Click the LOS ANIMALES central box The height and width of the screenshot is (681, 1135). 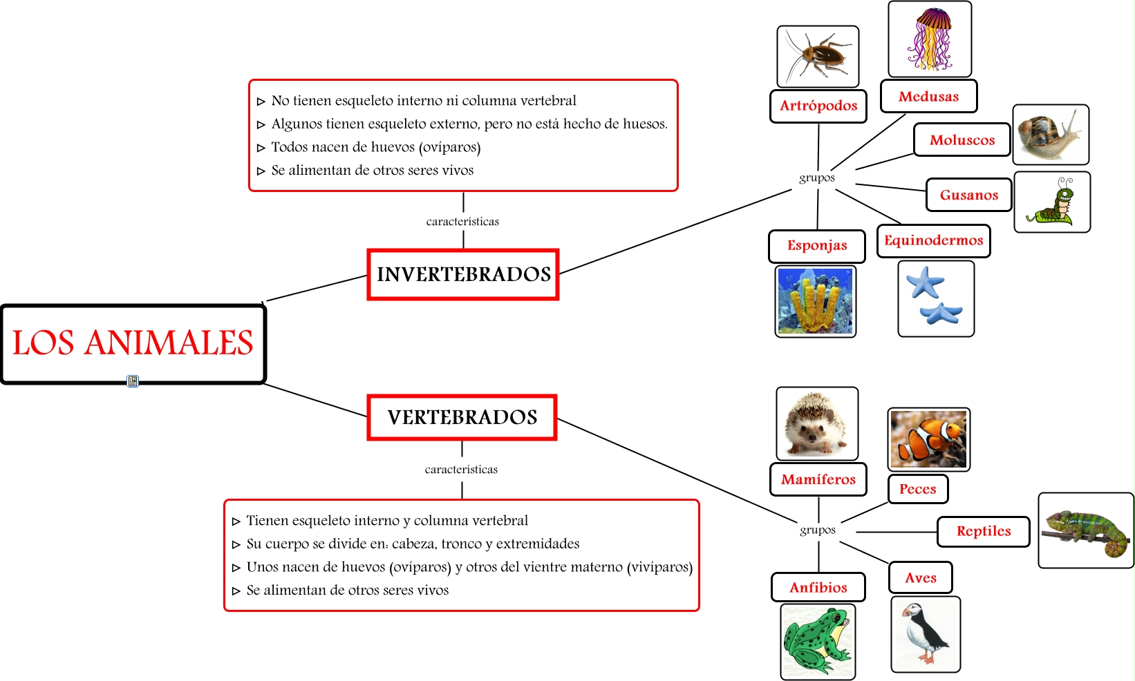[x=133, y=343]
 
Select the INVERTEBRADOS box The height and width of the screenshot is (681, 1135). [x=463, y=274]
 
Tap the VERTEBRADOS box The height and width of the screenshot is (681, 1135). [x=462, y=417]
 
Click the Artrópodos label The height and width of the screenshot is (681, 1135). [x=818, y=106]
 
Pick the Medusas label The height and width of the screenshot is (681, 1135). [x=928, y=96]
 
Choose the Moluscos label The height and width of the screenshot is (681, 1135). [x=962, y=140]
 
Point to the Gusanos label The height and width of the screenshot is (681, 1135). [x=968, y=195]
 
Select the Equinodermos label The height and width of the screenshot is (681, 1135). [x=933, y=240]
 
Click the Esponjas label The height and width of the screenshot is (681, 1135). [x=817, y=246]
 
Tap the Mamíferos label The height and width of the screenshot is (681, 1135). [x=818, y=479]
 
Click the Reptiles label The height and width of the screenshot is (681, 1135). [x=984, y=531]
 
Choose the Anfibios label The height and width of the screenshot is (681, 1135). [x=818, y=587]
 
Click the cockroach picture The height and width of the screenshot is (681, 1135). [x=818, y=57]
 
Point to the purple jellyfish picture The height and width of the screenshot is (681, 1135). [x=930, y=39]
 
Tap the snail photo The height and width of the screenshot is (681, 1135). [x=1051, y=134]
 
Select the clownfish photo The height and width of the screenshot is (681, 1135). [x=928, y=439]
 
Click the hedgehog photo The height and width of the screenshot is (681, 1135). [x=817, y=423]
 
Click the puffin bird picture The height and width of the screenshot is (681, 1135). [x=926, y=634]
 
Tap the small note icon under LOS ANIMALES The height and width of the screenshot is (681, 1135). [x=133, y=381]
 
